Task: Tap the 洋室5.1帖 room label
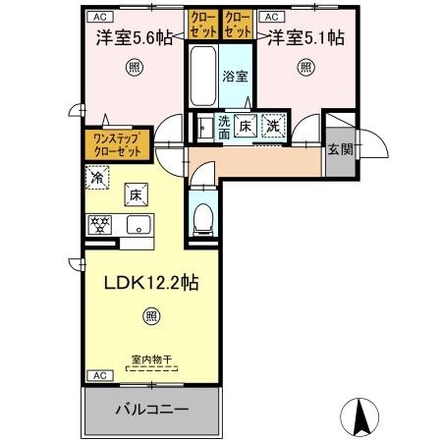305,40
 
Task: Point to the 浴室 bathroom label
234,76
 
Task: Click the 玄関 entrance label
341,149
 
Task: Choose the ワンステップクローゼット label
117,145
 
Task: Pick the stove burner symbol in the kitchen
101,223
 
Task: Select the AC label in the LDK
99,375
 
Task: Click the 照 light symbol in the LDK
150,316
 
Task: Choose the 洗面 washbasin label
224,126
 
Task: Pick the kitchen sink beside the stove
135,223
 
